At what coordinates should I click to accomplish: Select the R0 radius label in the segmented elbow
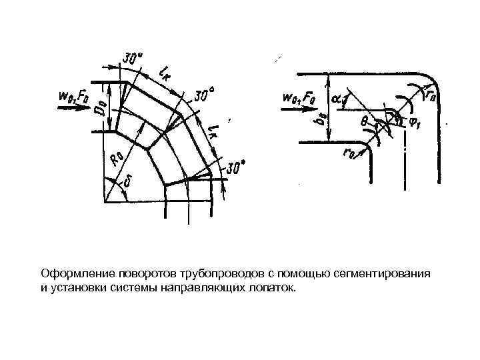[116, 159]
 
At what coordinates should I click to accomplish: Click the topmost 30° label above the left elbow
[131, 59]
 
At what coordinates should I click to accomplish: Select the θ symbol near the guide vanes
[363, 122]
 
